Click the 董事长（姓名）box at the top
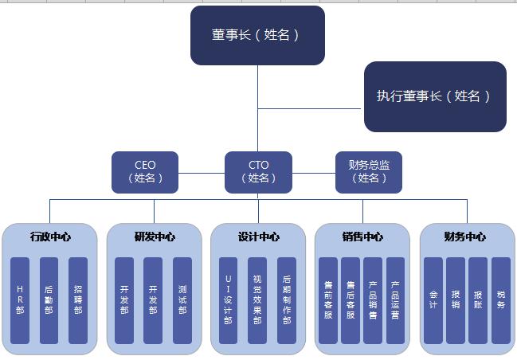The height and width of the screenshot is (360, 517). pyautogui.click(x=257, y=35)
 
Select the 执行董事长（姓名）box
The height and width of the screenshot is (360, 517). pyautogui.click(x=435, y=96)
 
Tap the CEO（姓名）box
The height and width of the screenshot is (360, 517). pyautogui.click(x=145, y=172)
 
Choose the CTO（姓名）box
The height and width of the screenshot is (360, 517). pyautogui.click(x=258, y=172)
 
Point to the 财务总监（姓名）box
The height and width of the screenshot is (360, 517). pyautogui.click(x=369, y=172)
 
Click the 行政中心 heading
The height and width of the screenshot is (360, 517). pyautogui.click(x=49, y=237)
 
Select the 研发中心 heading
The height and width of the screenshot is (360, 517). pyautogui.click(x=154, y=237)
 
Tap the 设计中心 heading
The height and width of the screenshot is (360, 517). pyautogui.click(x=258, y=237)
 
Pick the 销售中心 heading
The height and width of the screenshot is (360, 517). pyautogui.click(x=362, y=237)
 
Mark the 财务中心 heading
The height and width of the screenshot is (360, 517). pyautogui.click(x=466, y=237)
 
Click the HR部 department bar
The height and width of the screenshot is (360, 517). pyautogui.click(x=21, y=300)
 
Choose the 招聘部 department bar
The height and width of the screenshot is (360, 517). pyautogui.click(x=78, y=300)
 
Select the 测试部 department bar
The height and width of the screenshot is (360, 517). pyautogui.click(x=182, y=300)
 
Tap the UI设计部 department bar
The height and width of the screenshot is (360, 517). pyautogui.click(x=229, y=300)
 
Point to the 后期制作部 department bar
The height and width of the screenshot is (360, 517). pyautogui.click(x=287, y=300)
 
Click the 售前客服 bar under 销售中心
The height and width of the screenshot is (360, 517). pyautogui.click(x=328, y=300)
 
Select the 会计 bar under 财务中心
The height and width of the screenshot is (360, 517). pyautogui.click(x=433, y=300)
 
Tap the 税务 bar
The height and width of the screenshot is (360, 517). pyautogui.click(x=500, y=300)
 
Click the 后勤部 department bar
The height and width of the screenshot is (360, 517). pyautogui.click(x=49, y=300)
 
